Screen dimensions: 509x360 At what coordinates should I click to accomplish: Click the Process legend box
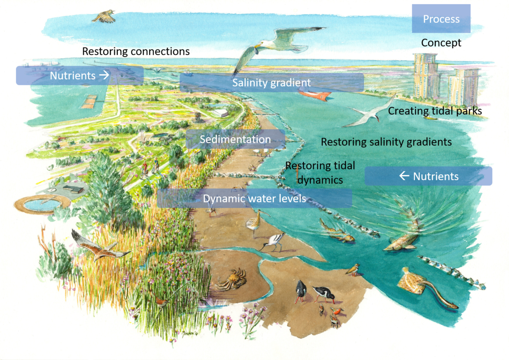[x=441, y=19]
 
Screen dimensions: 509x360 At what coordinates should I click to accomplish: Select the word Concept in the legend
[x=441, y=43]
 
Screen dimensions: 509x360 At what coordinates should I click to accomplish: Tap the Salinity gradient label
[x=271, y=82]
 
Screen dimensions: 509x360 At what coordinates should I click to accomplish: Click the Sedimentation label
[x=235, y=139]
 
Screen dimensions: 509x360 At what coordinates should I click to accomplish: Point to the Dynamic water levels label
[x=255, y=198]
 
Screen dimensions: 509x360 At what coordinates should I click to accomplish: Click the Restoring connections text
[x=136, y=51]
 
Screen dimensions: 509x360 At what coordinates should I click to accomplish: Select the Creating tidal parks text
[x=435, y=111]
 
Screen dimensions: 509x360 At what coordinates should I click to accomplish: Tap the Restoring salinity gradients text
[x=386, y=142]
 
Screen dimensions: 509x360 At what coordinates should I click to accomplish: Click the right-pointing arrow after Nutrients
[x=104, y=75]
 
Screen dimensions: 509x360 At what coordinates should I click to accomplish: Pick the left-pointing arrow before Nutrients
[x=404, y=176]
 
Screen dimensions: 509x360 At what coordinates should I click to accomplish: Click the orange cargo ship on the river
[x=315, y=95]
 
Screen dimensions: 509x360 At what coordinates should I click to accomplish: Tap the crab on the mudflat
[x=232, y=279]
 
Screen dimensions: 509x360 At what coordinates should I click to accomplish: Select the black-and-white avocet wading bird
[x=273, y=242]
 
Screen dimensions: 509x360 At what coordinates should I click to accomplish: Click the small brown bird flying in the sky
[x=103, y=17]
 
